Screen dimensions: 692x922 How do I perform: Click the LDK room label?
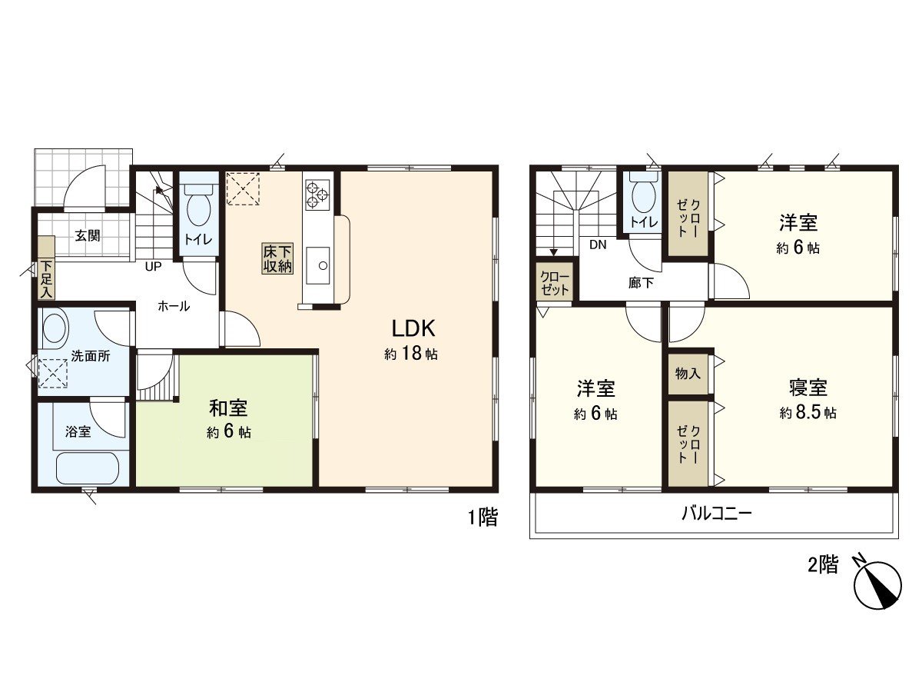coord(414,329)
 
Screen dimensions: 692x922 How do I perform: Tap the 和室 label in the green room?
coord(228,408)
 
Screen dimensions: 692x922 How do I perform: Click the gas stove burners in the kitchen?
coord(317,194)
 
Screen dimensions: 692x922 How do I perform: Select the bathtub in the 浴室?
coord(88,467)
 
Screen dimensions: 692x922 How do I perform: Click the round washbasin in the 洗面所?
coord(55,330)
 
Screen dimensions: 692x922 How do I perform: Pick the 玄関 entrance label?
coord(88,236)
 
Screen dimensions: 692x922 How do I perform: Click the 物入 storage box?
coord(688,374)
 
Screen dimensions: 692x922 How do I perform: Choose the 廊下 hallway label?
coord(641,283)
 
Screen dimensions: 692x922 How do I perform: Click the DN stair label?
coord(599,245)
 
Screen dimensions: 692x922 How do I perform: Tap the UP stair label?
coord(153,267)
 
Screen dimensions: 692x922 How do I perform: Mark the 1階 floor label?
coord(483,518)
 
